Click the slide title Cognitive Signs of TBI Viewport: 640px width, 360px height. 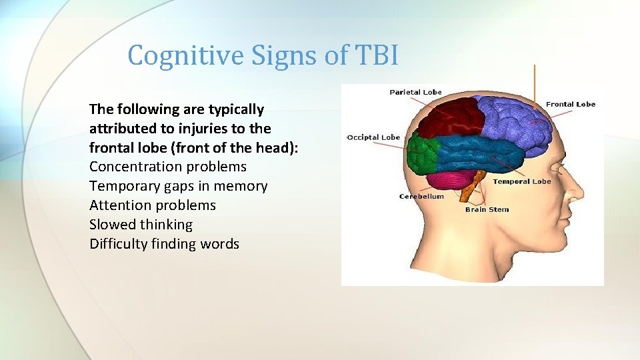point(263,55)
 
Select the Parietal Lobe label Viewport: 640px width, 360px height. point(415,92)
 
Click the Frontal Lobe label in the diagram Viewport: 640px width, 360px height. point(570,104)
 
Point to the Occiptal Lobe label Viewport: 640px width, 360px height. point(373,137)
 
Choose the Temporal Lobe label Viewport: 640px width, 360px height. point(521,181)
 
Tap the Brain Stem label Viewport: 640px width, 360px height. point(487,209)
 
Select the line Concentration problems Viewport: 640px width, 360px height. point(168,167)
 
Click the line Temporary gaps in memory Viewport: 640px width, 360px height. point(179,186)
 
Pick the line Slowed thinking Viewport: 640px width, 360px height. point(141,225)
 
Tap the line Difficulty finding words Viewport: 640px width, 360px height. point(164,244)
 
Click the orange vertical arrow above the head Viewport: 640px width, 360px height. point(535,87)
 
